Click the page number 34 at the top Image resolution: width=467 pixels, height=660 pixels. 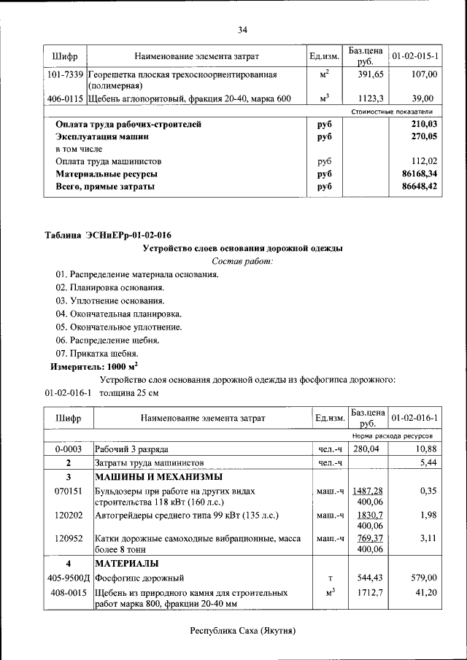pyautogui.click(x=242, y=30)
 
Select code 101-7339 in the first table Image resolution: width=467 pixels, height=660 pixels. pyautogui.click(x=63, y=74)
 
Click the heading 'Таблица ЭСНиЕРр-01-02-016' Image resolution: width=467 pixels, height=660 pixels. pyautogui.click(x=108, y=235)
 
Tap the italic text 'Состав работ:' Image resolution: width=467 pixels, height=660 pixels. pyautogui.click(x=242, y=261)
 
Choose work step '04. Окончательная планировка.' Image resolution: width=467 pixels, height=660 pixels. pyautogui.click(x=108, y=314)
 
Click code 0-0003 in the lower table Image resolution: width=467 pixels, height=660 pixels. pyautogui.click(x=69, y=449)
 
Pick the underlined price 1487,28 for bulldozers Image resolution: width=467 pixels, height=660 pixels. pyautogui.click(x=367, y=491)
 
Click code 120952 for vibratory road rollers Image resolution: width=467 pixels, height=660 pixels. pyautogui.click(x=69, y=538)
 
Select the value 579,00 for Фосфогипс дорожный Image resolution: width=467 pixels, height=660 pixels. pyautogui.click(x=422, y=577)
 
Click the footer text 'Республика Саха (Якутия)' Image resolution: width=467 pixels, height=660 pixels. pyautogui.click(x=242, y=630)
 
